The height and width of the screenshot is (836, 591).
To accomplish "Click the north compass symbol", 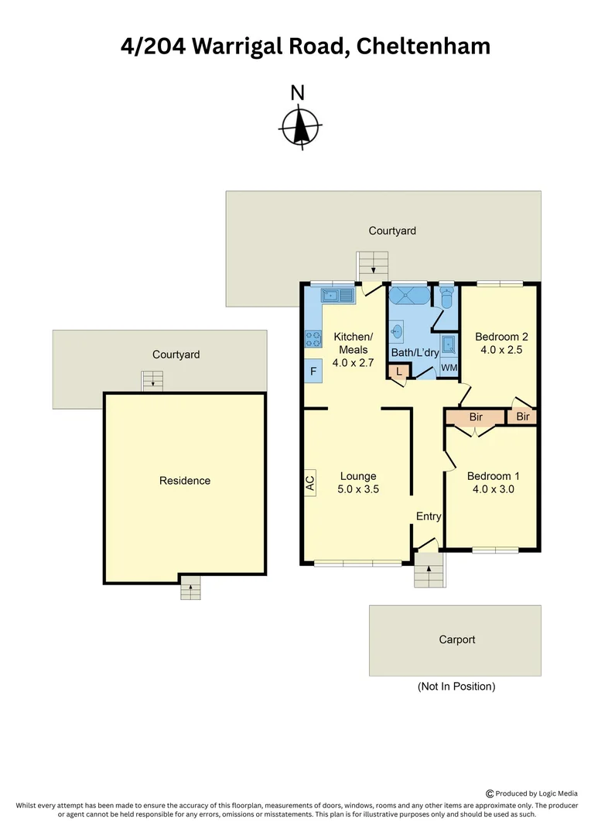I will tap(300, 126).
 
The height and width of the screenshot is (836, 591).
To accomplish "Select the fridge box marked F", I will tap(313, 372).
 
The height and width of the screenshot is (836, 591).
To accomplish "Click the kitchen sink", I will tap(337, 295).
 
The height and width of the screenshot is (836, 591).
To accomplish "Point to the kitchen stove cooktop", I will tap(314, 337).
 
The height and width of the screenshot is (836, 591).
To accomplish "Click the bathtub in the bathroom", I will tap(408, 297).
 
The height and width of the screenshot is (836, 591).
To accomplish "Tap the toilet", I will tap(446, 297).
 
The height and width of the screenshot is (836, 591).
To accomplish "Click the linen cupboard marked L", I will tap(398, 372).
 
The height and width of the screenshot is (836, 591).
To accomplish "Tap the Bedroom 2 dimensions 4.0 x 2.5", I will tap(501, 350).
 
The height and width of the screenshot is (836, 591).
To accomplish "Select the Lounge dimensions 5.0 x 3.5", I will tap(357, 489).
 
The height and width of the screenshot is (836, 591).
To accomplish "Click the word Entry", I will tap(429, 516).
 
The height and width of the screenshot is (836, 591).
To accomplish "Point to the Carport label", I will tap(456, 639).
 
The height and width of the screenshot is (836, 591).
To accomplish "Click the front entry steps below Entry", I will tap(429, 572).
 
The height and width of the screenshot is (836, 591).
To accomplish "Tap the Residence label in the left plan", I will tap(185, 481).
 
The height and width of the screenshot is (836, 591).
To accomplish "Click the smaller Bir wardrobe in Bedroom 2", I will tap(523, 417).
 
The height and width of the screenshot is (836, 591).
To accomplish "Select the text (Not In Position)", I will tap(456, 687).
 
